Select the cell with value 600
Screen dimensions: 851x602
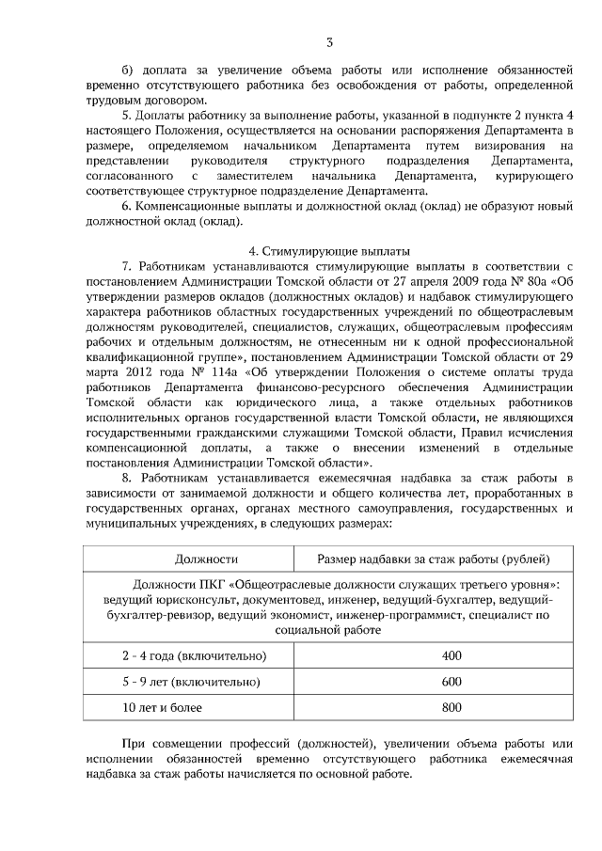click(x=451, y=681)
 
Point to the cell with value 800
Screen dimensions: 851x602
click(x=451, y=706)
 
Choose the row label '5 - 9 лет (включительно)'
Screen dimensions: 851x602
click(x=178, y=681)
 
